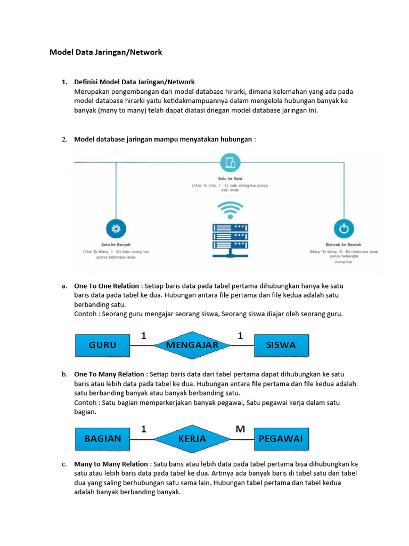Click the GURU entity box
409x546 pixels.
coord(103,346)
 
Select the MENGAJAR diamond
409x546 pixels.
coord(192,346)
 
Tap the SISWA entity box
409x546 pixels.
coord(281,346)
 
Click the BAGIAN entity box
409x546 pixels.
coord(103,439)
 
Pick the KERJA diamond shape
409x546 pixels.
coord(192,439)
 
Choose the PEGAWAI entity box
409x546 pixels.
coord(281,439)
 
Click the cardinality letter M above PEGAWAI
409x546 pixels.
coord(240,429)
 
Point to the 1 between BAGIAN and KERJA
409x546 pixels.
coord(144,429)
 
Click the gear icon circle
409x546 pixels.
coord(115,229)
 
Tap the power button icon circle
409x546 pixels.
coord(344,229)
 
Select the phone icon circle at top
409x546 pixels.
coord(230,162)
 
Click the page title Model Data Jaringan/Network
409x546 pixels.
coord(105,52)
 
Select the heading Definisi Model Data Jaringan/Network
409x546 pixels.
coord(134,82)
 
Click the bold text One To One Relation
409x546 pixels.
coord(107,286)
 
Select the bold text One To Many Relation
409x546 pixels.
coord(109,374)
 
